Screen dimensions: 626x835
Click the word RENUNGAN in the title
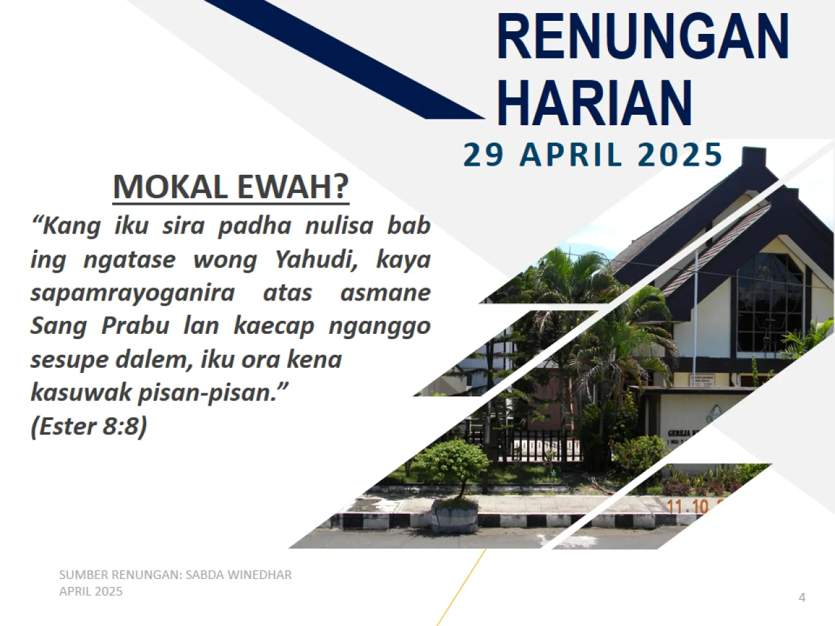643,37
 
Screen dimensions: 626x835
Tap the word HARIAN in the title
594,102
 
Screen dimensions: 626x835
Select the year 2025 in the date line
680,155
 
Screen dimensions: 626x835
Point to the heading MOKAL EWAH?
231,186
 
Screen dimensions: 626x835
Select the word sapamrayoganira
132,293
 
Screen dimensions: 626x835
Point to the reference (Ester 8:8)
89,426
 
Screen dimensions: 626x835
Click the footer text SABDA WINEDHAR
238,574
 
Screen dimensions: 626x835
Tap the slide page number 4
802,597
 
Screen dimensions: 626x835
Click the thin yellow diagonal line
462,587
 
